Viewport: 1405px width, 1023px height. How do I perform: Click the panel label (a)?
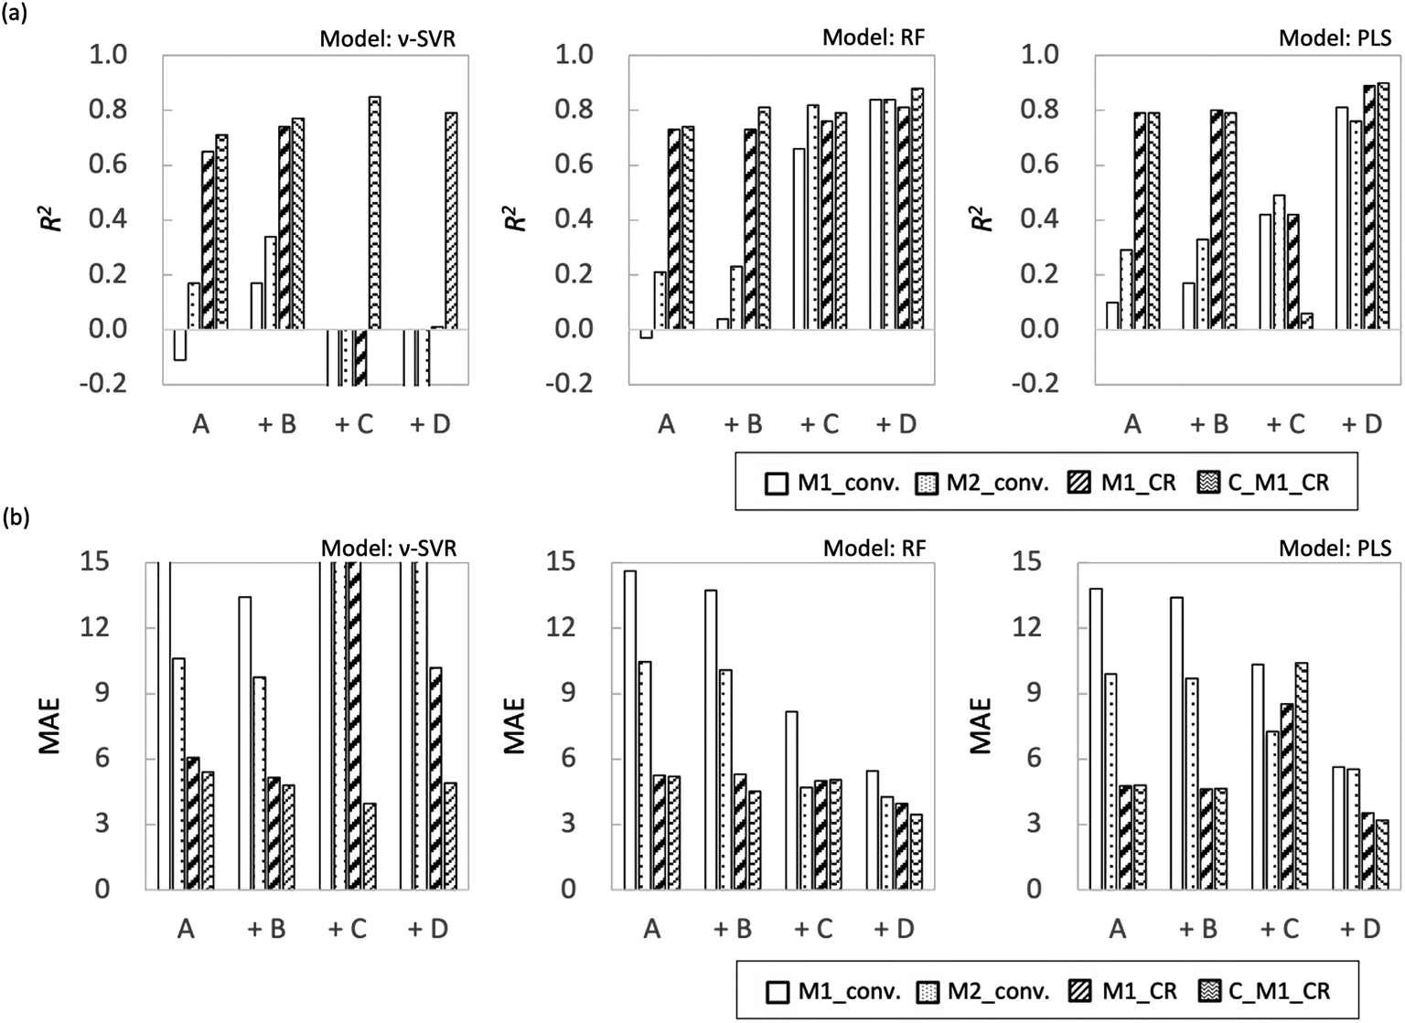click(16, 14)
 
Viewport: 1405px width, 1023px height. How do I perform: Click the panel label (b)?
click(16, 519)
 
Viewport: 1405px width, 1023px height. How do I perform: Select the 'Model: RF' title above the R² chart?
click(874, 37)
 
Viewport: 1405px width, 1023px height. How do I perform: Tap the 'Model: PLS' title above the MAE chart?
click(1335, 548)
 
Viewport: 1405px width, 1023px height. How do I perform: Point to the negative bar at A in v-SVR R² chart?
click(180, 345)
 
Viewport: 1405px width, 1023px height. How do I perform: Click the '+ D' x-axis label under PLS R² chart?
click(1361, 424)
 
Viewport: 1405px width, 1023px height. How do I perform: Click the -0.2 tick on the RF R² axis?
click(568, 384)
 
